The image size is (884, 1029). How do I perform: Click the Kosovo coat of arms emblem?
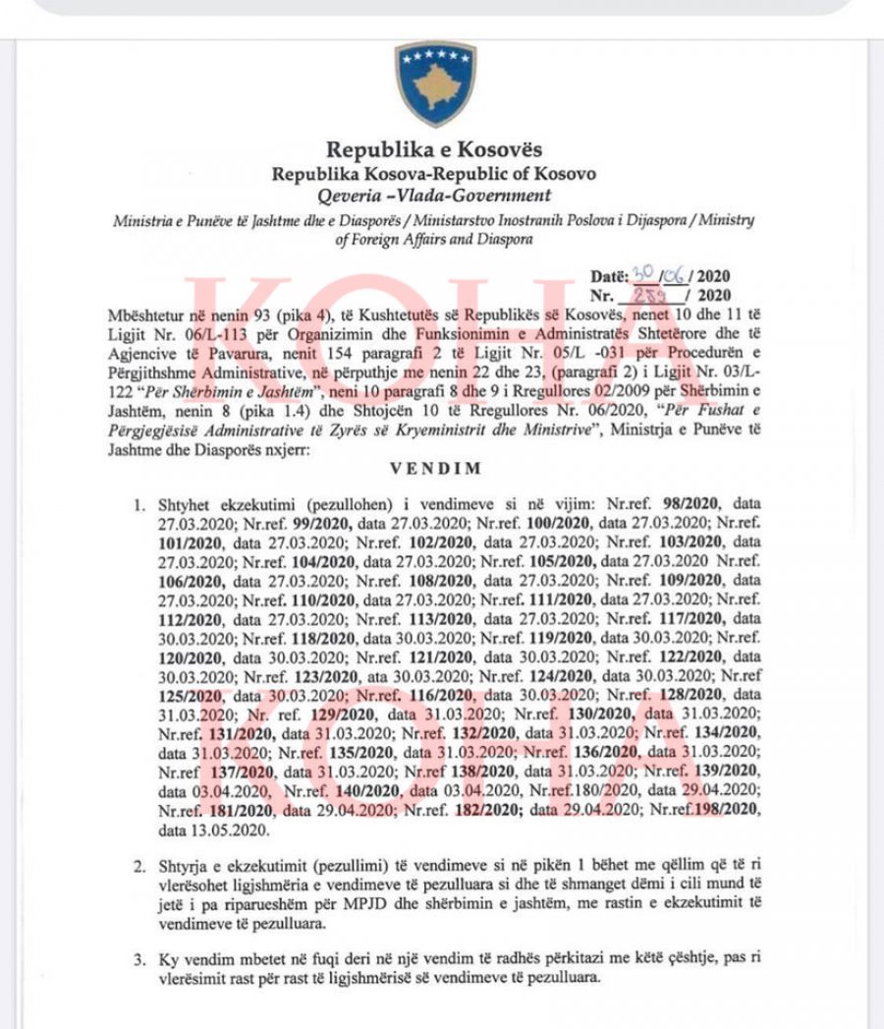click(435, 84)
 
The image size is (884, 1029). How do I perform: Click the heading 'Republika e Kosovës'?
click(434, 150)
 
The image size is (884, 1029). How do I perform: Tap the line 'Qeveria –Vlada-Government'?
click(434, 195)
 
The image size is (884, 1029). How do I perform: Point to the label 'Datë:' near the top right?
click(613, 277)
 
